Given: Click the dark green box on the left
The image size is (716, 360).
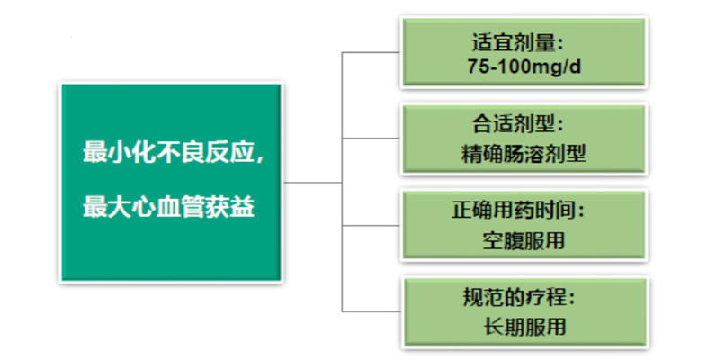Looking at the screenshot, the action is click(171, 183).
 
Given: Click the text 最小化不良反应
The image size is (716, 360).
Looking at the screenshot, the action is click(168, 152).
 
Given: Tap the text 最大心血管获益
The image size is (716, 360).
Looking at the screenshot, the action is click(168, 207).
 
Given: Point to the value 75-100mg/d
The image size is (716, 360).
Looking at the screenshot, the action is click(524, 67).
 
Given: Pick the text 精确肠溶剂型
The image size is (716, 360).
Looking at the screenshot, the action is click(524, 154).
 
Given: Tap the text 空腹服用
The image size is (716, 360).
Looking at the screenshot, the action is click(524, 240).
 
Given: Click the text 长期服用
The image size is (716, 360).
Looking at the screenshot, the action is click(524, 327).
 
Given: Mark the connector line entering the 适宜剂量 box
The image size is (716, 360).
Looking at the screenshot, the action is click(371, 52).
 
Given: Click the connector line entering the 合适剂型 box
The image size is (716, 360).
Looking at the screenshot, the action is click(371, 139).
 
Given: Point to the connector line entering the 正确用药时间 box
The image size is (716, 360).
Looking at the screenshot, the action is click(371, 225).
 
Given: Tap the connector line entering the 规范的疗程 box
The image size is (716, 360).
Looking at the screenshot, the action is click(371, 311).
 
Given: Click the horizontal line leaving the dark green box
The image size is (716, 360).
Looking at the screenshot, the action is click(313, 183).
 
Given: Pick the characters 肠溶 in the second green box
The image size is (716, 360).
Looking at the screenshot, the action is click(524, 154).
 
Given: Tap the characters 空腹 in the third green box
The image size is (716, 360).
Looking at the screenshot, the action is click(503, 240).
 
